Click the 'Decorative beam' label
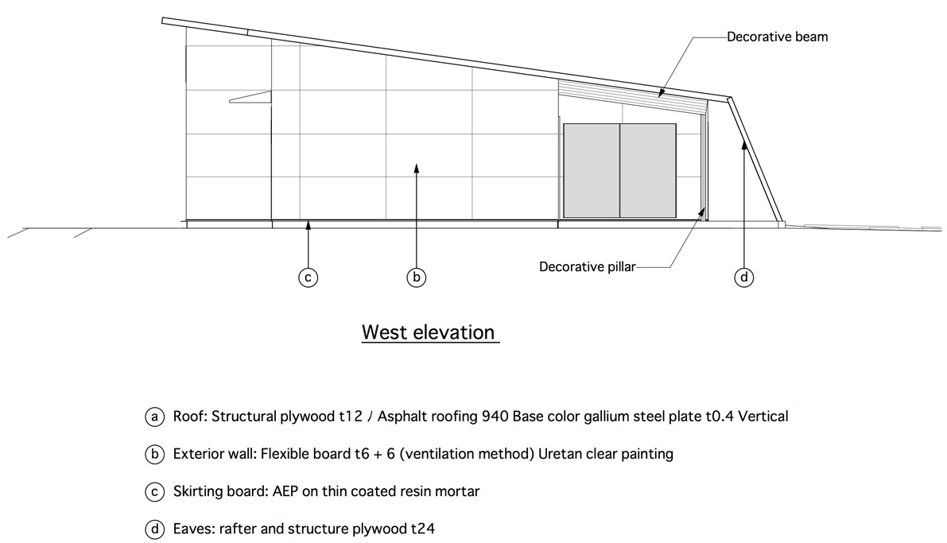pos(777,37)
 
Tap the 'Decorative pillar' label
pos(587,267)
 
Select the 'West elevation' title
pos(429,332)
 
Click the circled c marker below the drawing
pos(308,277)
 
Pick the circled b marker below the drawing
pos(416,277)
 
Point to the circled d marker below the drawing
pos(744,277)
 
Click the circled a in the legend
pos(154,417)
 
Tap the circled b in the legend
pos(154,454)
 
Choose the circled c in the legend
pos(154,491)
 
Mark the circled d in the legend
pos(154,529)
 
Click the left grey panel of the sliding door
pos(592,170)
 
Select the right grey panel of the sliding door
pos(648,170)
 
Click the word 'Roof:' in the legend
pos(190,417)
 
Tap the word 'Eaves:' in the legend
pos(194,529)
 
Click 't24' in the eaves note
pos(423,529)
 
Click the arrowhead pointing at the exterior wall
pos(416,168)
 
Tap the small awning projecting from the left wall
pos(250,97)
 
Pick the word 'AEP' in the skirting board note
pos(285,491)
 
